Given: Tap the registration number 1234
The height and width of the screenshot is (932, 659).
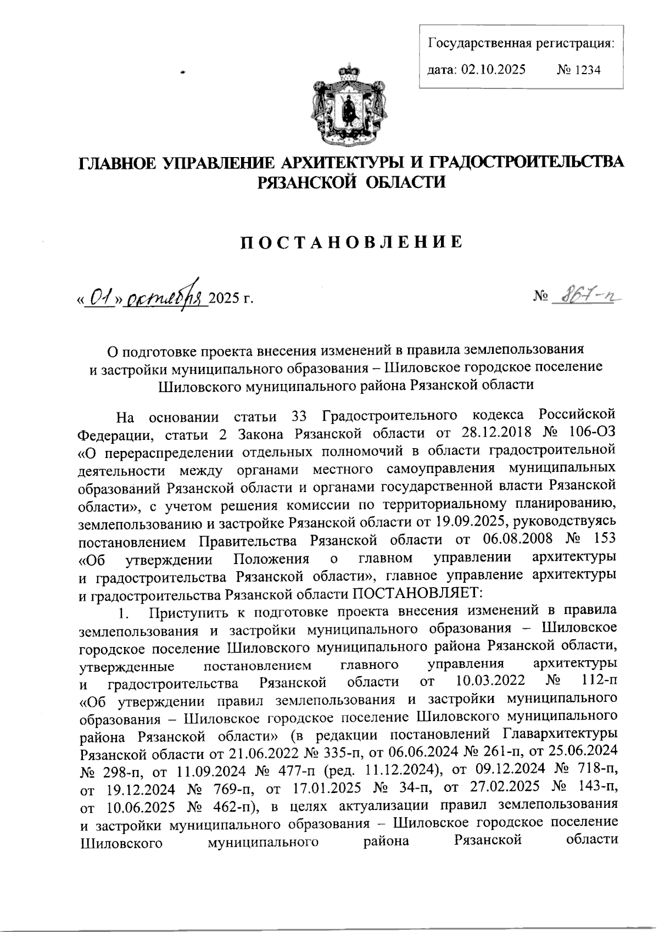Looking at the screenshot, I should pyautogui.click(x=587, y=70).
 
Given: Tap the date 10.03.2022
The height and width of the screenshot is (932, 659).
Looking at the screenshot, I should pyautogui.click(x=492, y=683).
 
